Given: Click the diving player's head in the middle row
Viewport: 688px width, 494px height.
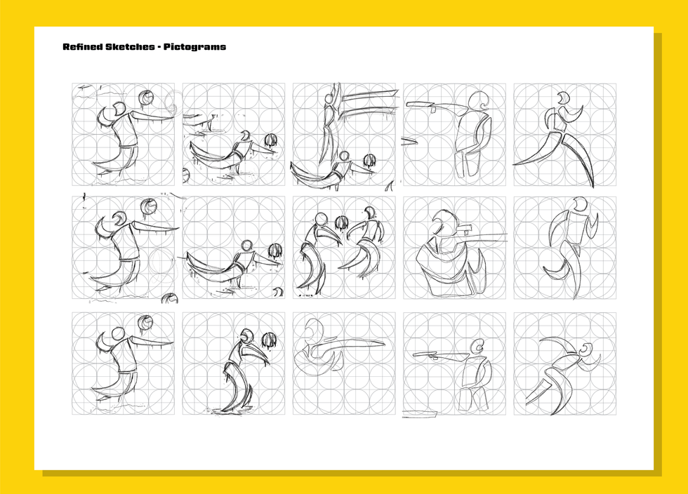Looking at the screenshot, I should click(x=246, y=246).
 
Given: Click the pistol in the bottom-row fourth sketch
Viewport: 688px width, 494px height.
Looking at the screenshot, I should click(x=425, y=355).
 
